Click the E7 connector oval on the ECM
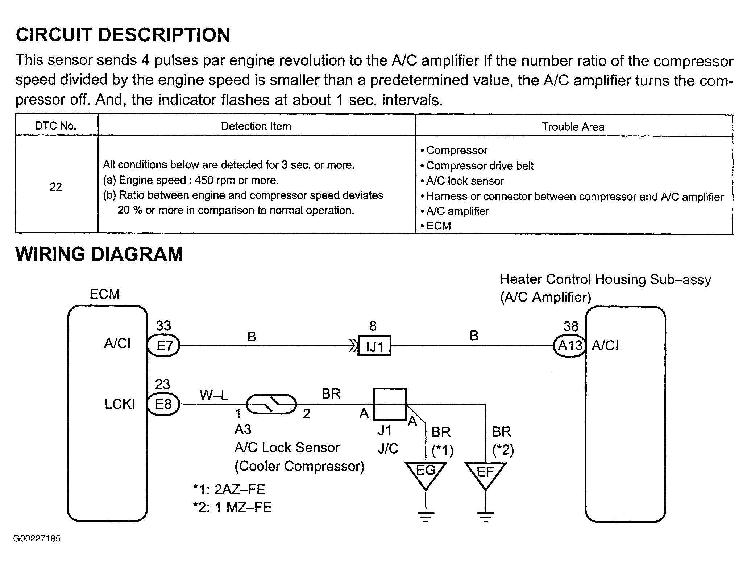(164, 346)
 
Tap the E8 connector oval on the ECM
(163, 404)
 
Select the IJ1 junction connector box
(374, 346)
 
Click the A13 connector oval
(570, 346)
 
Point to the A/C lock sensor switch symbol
(271, 404)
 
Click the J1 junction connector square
(390, 404)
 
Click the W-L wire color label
(214, 395)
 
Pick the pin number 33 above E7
(163, 326)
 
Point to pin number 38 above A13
(571, 326)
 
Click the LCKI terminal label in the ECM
(120, 404)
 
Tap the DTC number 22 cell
(56, 187)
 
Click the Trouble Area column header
(573, 127)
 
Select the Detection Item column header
(256, 126)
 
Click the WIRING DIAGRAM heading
(99, 254)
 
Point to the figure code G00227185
(37, 539)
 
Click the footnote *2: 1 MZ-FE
(232, 507)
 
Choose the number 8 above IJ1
(373, 326)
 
